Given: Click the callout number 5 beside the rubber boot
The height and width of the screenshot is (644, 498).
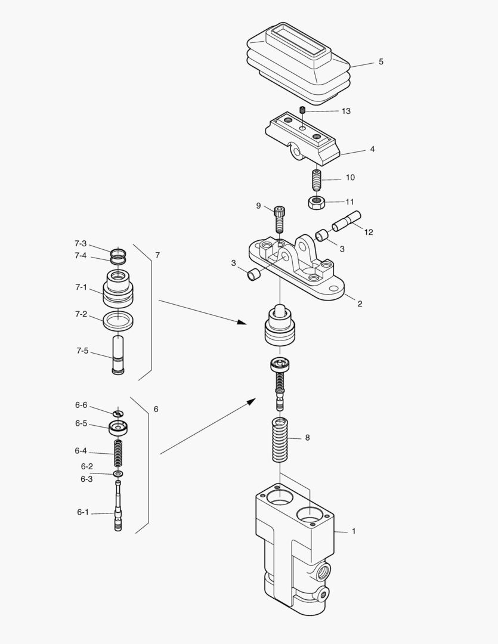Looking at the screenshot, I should pyautogui.click(x=381, y=62).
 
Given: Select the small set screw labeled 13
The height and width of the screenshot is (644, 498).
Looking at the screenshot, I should pyautogui.click(x=303, y=110).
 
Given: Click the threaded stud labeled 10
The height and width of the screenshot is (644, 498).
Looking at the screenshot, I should pyautogui.click(x=316, y=178).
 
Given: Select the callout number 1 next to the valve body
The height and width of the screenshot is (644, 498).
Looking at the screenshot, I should pyautogui.click(x=353, y=531).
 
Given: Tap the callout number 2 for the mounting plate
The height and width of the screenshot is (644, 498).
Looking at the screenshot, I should pyautogui.click(x=360, y=304).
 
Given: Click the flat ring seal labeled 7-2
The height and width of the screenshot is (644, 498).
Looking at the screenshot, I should pyautogui.click(x=118, y=321).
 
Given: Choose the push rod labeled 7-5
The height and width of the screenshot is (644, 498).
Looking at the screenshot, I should pyautogui.click(x=118, y=355).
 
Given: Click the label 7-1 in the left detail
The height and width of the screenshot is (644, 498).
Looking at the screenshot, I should pyautogui.click(x=81, y=287).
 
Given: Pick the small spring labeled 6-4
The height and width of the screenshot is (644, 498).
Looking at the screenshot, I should pyautogui.click(x=118, y=453).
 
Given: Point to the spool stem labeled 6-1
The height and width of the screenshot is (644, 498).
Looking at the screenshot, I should pyautogui.click(x=118, y=510).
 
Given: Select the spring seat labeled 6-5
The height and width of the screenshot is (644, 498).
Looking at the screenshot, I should pyautogui.click(x=118, y=428).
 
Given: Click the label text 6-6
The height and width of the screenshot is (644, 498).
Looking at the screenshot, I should pyautogui.click(x=81, y=405).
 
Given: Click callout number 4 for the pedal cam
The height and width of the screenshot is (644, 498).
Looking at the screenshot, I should pyautogui.click(x=372, y=149).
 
